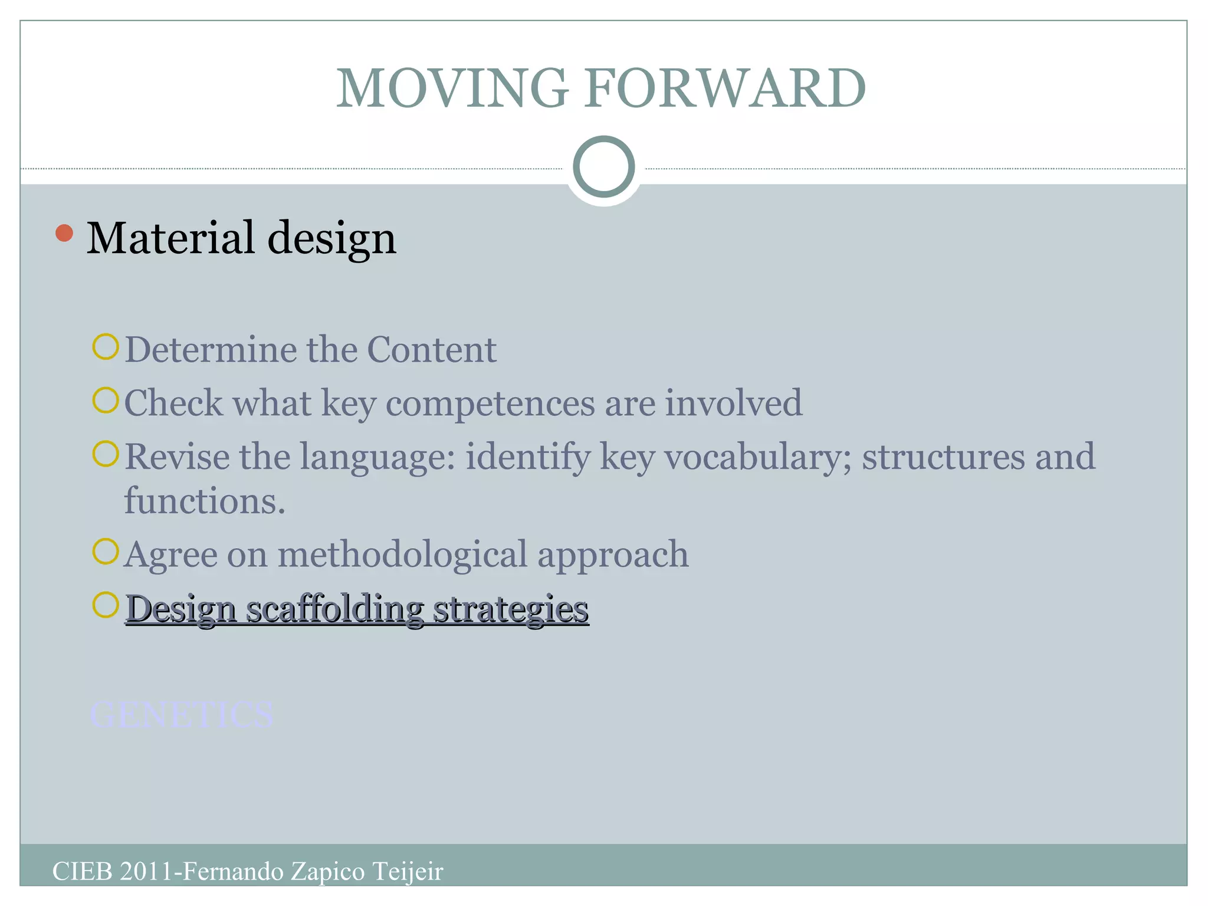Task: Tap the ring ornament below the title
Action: [x=603, y=167]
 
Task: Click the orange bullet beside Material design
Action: [x=64, y=234]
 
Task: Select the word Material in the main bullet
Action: [x=171, y=238]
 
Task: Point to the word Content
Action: [x=431, y=350]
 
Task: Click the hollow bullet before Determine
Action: [x=106, y=347]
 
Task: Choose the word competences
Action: [x=490, y=403]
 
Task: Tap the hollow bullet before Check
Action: [x=106, y=401]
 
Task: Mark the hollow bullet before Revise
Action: [x=106, y=454]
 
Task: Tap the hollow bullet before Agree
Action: [x=106, y=552]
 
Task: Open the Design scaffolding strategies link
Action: [x=357, y=609]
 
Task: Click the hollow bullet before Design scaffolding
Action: [x=106, y=605]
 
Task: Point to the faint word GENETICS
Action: [x=181, y=715]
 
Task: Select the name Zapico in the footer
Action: [x=328, y=871]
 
